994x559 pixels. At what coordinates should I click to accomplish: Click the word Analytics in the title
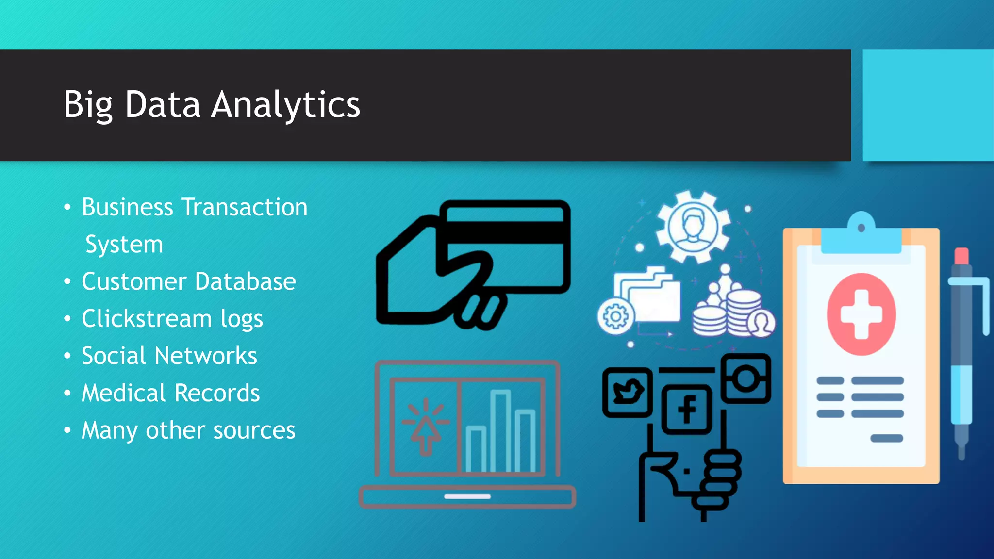coord(286,105)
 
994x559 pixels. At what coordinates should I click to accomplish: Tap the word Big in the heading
coord(88,105)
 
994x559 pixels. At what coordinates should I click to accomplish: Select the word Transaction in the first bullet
coord(245,207)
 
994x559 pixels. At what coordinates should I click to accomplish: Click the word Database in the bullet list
coord(246,281)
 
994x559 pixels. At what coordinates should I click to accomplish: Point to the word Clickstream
coord(147,319)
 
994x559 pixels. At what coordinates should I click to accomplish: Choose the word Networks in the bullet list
coord(206,356)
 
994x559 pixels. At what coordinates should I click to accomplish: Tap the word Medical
coord(123,393)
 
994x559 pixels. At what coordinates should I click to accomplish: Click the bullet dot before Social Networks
coord(67,356)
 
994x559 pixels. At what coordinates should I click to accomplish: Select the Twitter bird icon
coord(627,392)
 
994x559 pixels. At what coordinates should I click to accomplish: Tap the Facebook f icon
coord(687,409)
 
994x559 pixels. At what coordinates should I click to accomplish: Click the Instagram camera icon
coord(745,378)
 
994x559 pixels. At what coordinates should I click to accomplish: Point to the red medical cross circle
coord(861,314)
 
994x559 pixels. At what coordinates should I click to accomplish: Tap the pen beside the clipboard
coord(962,349)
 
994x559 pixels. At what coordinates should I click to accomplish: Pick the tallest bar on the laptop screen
coord(500,429)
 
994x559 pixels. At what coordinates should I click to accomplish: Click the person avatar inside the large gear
coord(693,226)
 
